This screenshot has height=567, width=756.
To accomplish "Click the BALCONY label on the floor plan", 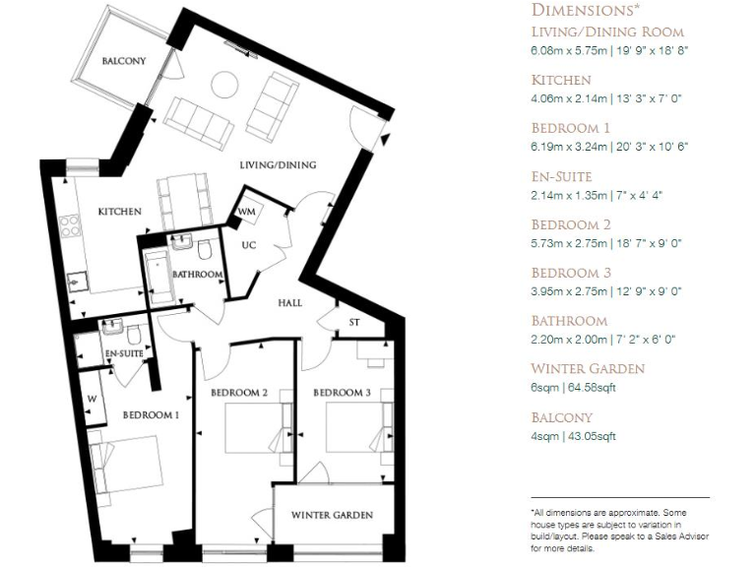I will (124, 61).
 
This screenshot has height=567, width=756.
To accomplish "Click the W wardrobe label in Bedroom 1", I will (93, 399).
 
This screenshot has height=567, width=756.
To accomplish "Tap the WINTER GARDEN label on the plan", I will (332, 515).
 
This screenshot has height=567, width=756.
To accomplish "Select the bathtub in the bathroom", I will (157, 277).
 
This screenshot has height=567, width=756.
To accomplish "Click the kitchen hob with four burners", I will (71, 227).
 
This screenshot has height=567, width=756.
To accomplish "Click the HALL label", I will (289, 303).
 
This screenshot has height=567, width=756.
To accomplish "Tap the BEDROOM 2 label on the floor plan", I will (239, 393).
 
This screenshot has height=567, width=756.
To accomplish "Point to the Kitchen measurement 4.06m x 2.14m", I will (609, 98).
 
